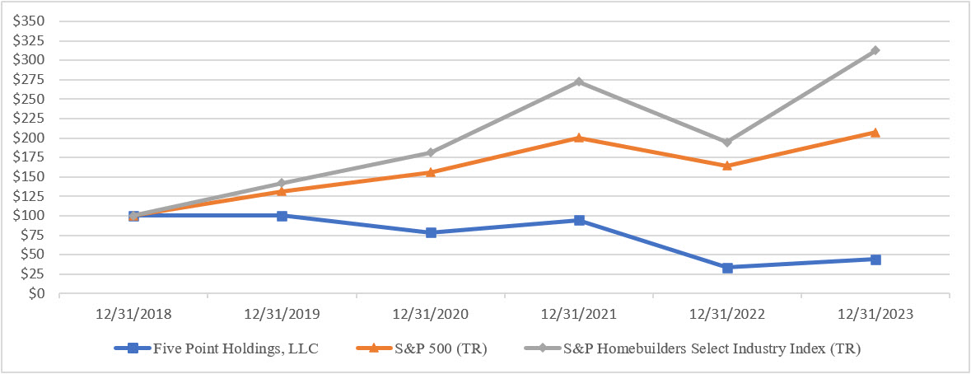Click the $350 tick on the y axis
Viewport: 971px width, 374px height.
pyautogui.click(x=30, y=21)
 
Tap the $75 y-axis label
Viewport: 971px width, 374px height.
pyautogui.click(x=33, y=235)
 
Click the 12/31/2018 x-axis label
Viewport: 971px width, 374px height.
pyautogui.click(x=133, y=314)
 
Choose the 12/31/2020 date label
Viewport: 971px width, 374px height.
pyautogui.click(x=430, y=314)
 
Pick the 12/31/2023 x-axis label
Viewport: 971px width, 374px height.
pyautogui.click(x=875, y=314)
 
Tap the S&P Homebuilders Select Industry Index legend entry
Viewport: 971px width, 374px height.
pyautogui.click(x=693, y=348)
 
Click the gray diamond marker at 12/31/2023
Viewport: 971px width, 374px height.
pyautogui.click(x=875, y=50)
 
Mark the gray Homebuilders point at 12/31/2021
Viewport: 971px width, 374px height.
pyautogui.click(x=579, y=82)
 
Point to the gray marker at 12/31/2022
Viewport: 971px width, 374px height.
pyautogui.click(x=727, y=142)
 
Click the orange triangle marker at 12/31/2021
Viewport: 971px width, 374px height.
pyautogui.click(x=579, y=138)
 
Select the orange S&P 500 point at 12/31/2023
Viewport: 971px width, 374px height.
pyautogui.click(x=875, y=132)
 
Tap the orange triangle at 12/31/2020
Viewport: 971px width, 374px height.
pyautogui.click(x=431, y=172)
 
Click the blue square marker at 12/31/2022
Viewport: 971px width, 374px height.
pyautogui.click(x=727, y=268)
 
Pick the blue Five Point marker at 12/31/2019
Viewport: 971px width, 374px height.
pyautogui.click(x=282, y=216)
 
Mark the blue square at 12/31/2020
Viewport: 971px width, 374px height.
pyautogui.click(x=431, y=233)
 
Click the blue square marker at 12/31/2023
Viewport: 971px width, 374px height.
pyautogui.click(x=875, y=259)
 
